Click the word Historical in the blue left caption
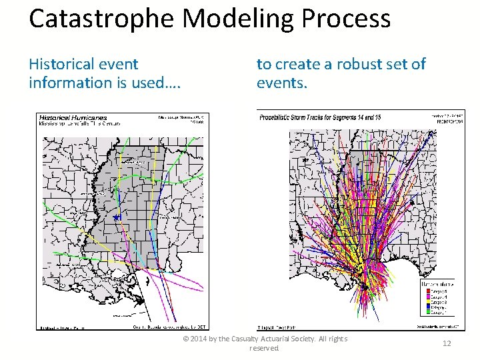[x=62, y=64]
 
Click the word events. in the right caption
[x=281, y=83]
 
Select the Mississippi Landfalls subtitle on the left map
[x=73, y=124]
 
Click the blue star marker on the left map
[x=116, y=217]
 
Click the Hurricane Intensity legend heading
[x=437, y=283]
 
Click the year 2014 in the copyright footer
[x=201, y=339]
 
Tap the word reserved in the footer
[x=263, y=349]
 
